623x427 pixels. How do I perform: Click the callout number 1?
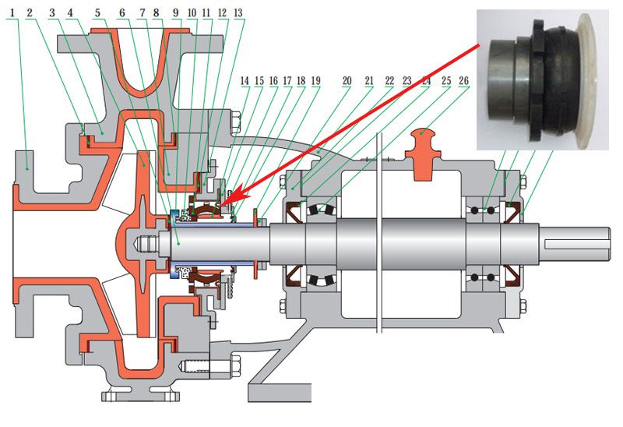12,12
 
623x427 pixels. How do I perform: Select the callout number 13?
238,12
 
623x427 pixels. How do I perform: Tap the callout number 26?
463,81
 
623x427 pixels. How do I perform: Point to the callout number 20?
347,81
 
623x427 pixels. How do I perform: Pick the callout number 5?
98,12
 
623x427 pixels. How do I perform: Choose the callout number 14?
245,81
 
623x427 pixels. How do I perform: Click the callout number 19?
315,81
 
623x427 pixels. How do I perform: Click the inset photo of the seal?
543,80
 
